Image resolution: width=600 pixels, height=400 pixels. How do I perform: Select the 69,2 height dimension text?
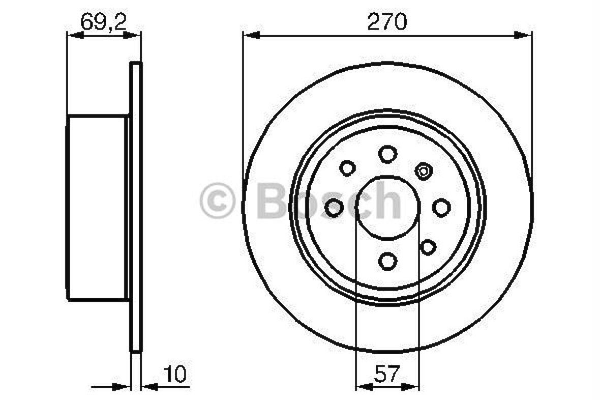pyautogui.click(x=103, y=22)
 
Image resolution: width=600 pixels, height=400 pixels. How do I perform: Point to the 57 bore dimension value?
pyautogui.click(x=387, y=375)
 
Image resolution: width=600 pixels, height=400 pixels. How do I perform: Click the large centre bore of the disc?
pyautogui.click(x=387, y=208)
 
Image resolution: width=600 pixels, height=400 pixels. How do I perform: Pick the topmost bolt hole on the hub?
pyautogui.click(x=387, y=153)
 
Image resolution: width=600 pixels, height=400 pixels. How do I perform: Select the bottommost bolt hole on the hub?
pyautogui.click(x=387, y=261)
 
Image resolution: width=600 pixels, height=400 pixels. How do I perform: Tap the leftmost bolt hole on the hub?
pyautogui.click(x=334, y=208)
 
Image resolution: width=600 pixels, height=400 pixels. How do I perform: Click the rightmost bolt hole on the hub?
pyautogui.click(x=441, y=207)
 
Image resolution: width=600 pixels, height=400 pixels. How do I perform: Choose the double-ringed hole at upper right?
pyautogui.click(x=423, y=171)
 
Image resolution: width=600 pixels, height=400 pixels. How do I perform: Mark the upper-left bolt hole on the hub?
pyautogui.click(x=347, y=167)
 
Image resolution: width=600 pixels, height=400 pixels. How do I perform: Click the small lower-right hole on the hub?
pyautogui.click(x=428, y=247)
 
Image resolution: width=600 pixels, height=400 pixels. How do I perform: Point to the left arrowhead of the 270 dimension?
pyautogui.click(x=251, y=35)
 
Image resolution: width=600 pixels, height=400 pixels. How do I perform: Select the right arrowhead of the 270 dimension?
pyautogui.click(x=524, y=35)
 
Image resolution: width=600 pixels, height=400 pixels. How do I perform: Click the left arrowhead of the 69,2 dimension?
pyautogui.click(x=75, y=35)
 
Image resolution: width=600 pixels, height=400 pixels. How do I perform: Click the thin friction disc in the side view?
pyautogui.click(x=136, y=208)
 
